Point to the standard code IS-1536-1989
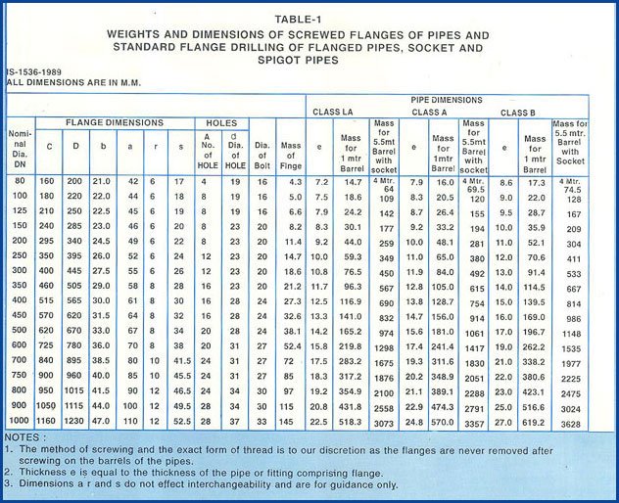[37, 72]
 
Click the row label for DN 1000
[20, 419]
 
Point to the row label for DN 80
[20, 182]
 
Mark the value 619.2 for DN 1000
[535, 420]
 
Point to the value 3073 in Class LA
[384, 421]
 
